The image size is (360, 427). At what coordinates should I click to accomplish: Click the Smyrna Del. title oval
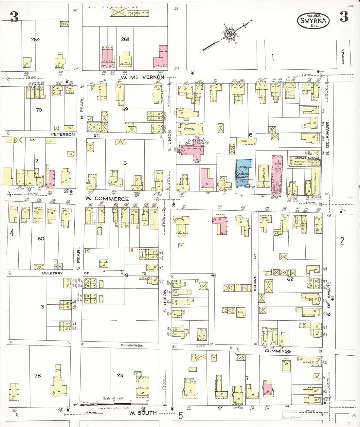tap(313, 21)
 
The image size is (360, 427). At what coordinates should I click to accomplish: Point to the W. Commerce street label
tap(107, 199)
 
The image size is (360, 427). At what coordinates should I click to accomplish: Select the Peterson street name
tap(63, 134)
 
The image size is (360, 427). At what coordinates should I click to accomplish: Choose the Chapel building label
tap(189, 129)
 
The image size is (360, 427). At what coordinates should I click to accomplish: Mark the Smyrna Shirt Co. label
tap(303, 158)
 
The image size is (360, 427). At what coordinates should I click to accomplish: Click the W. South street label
tap(142, 413)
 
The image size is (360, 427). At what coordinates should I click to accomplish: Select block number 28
tap(38, 375)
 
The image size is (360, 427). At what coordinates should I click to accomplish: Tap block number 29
tap(120, 375)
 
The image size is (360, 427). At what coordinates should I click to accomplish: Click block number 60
tap(41, 239)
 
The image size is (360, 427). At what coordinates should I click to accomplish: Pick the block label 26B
tap(125, 39)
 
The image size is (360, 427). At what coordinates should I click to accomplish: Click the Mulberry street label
tap(52, 273)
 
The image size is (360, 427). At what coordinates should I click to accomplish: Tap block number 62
tap(290, 279)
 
